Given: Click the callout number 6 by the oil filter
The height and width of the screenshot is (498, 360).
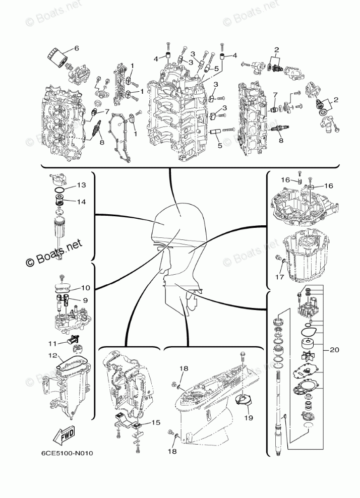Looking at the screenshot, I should pos(77,48).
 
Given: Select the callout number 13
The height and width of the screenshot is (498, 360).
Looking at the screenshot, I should pos(82,185).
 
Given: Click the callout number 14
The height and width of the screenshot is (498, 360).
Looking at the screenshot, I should pos(82,201).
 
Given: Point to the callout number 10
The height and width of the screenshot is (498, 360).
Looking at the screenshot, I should pos(85,288).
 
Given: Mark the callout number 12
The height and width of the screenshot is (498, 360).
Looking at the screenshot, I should pos(52,356).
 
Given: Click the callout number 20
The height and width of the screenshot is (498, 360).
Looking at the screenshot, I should pos(334,349).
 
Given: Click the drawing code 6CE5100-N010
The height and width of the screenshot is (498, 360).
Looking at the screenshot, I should pos(68,453).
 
